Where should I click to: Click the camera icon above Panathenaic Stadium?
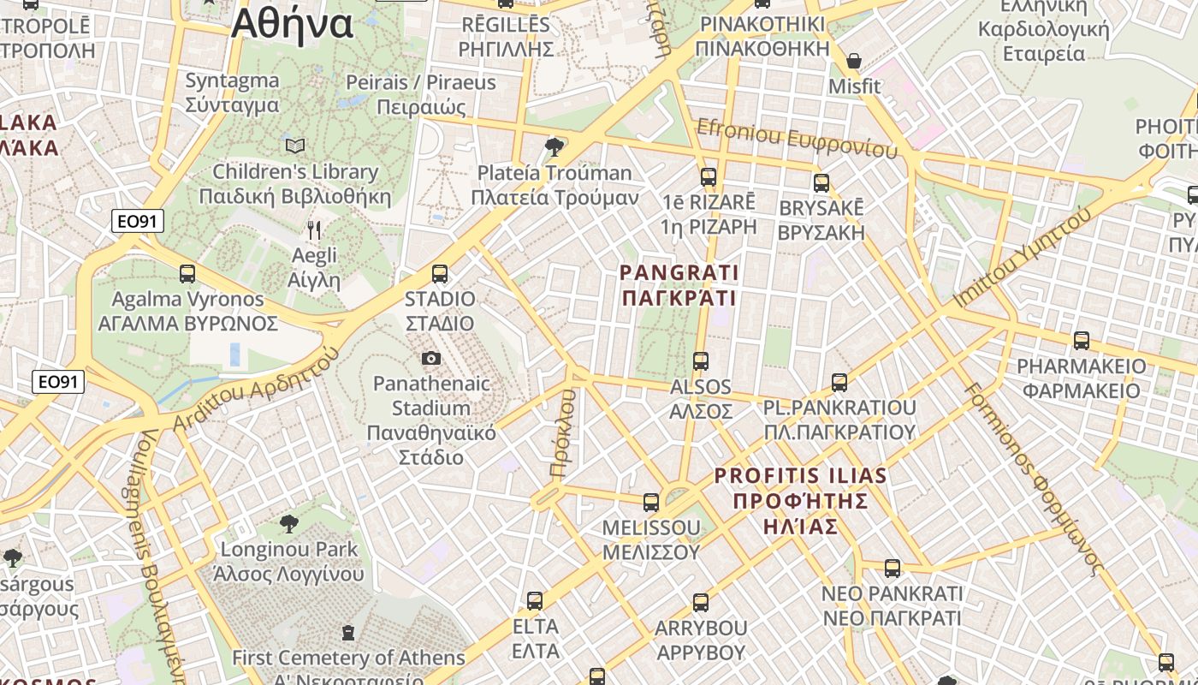[431, 358]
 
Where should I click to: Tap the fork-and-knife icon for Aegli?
[314, 229]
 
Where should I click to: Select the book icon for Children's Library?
[295, 146]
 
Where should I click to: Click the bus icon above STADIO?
[440, 274]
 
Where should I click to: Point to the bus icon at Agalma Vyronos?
[187, 274]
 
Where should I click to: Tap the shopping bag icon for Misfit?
[853, 61]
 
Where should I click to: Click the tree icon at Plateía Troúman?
[555, 146]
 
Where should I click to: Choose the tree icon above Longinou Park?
[289, 523]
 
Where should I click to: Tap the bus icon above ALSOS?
[701, 361]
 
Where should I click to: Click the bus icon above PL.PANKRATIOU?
[839, 382]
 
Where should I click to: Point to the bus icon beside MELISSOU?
[651, 502]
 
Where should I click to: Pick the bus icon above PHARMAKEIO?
[1082, 341]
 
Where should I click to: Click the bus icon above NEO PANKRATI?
[893, 568]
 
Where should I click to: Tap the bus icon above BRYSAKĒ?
[821, 182]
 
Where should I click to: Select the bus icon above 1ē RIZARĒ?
[709, 177]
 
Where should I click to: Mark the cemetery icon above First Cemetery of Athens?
[348, 633]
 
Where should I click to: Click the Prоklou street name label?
[562, 433]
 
